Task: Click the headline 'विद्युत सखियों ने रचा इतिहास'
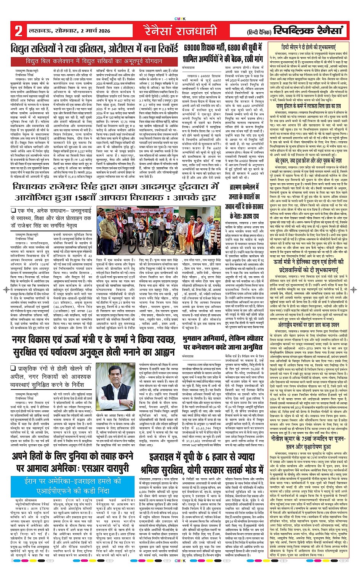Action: (x=94, y=49)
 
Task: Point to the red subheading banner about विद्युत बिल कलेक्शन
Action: (x=94, y=61)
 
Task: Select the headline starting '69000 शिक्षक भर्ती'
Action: (x=223, y=53)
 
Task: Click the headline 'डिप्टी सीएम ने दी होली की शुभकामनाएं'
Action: (x=313, y=46)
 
